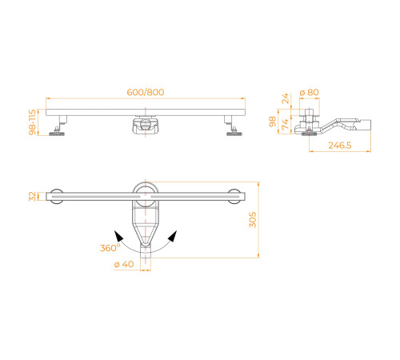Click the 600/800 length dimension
(145, 91)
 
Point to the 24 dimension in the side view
(286, 100)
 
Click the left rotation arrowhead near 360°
(118, 235)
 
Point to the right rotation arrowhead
(173, 235)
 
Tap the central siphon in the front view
(146, 126)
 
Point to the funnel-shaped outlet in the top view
(145, 238)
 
